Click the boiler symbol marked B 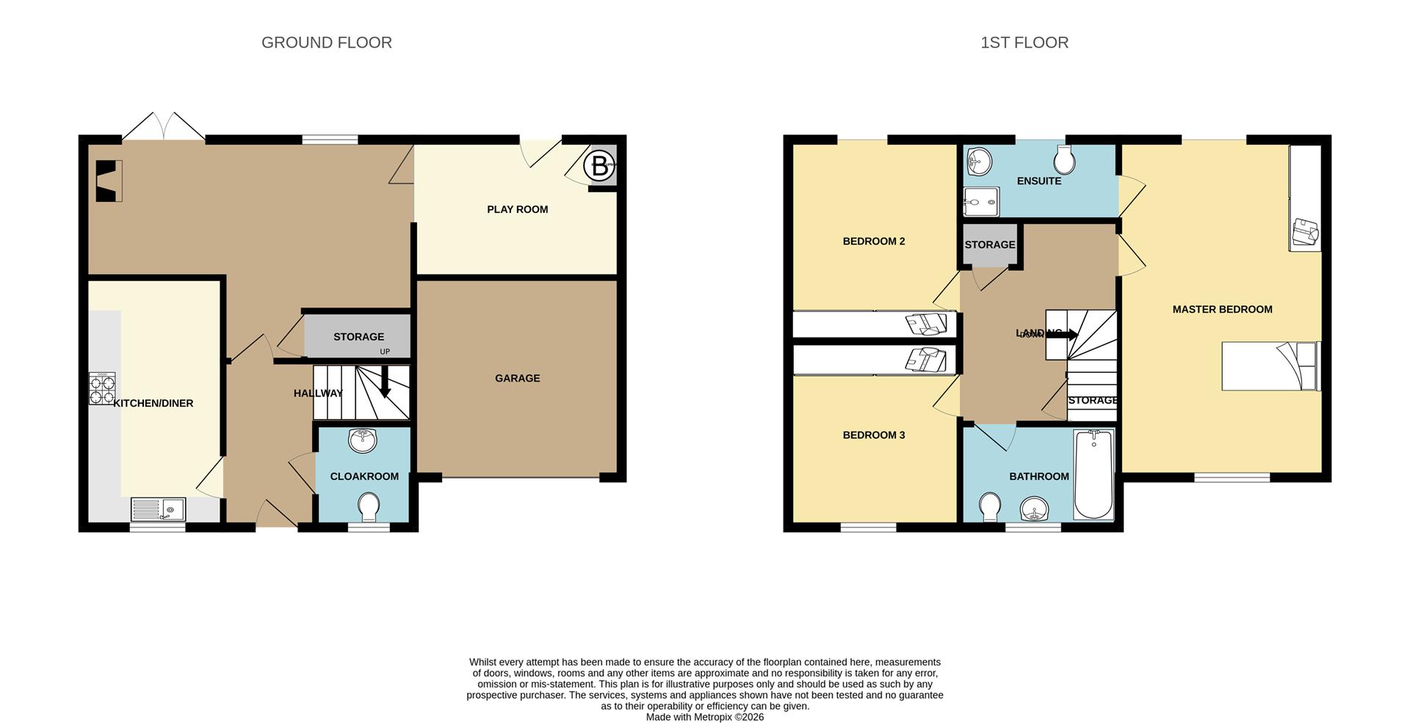(599, 166)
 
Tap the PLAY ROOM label (517, 209)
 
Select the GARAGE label (517, 378)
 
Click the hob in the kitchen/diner (102, 389)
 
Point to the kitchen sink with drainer (158, 509)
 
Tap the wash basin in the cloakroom (363, 440)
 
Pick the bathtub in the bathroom (1094, 475)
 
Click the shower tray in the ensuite (981, 201)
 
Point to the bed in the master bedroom (1270, 366)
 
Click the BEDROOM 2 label (873, 241)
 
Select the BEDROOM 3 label (873, 435)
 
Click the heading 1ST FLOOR (1024, 43)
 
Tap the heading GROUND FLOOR (326, 43)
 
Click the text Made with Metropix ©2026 (704, 717)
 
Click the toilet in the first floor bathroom (990, 506)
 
